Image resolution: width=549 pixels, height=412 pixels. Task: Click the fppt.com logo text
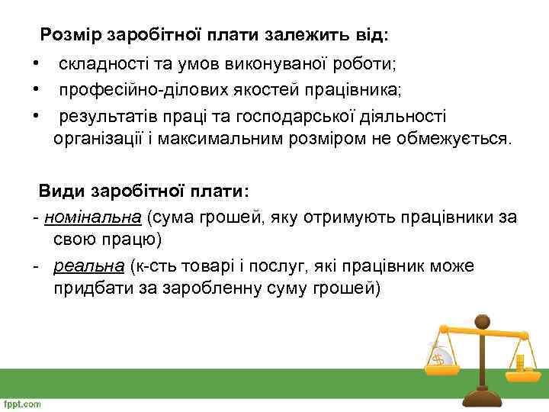point(22,404)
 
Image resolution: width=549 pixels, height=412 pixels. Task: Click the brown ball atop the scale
point(482,320)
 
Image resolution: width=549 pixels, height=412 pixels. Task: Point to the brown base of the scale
point(482,396)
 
